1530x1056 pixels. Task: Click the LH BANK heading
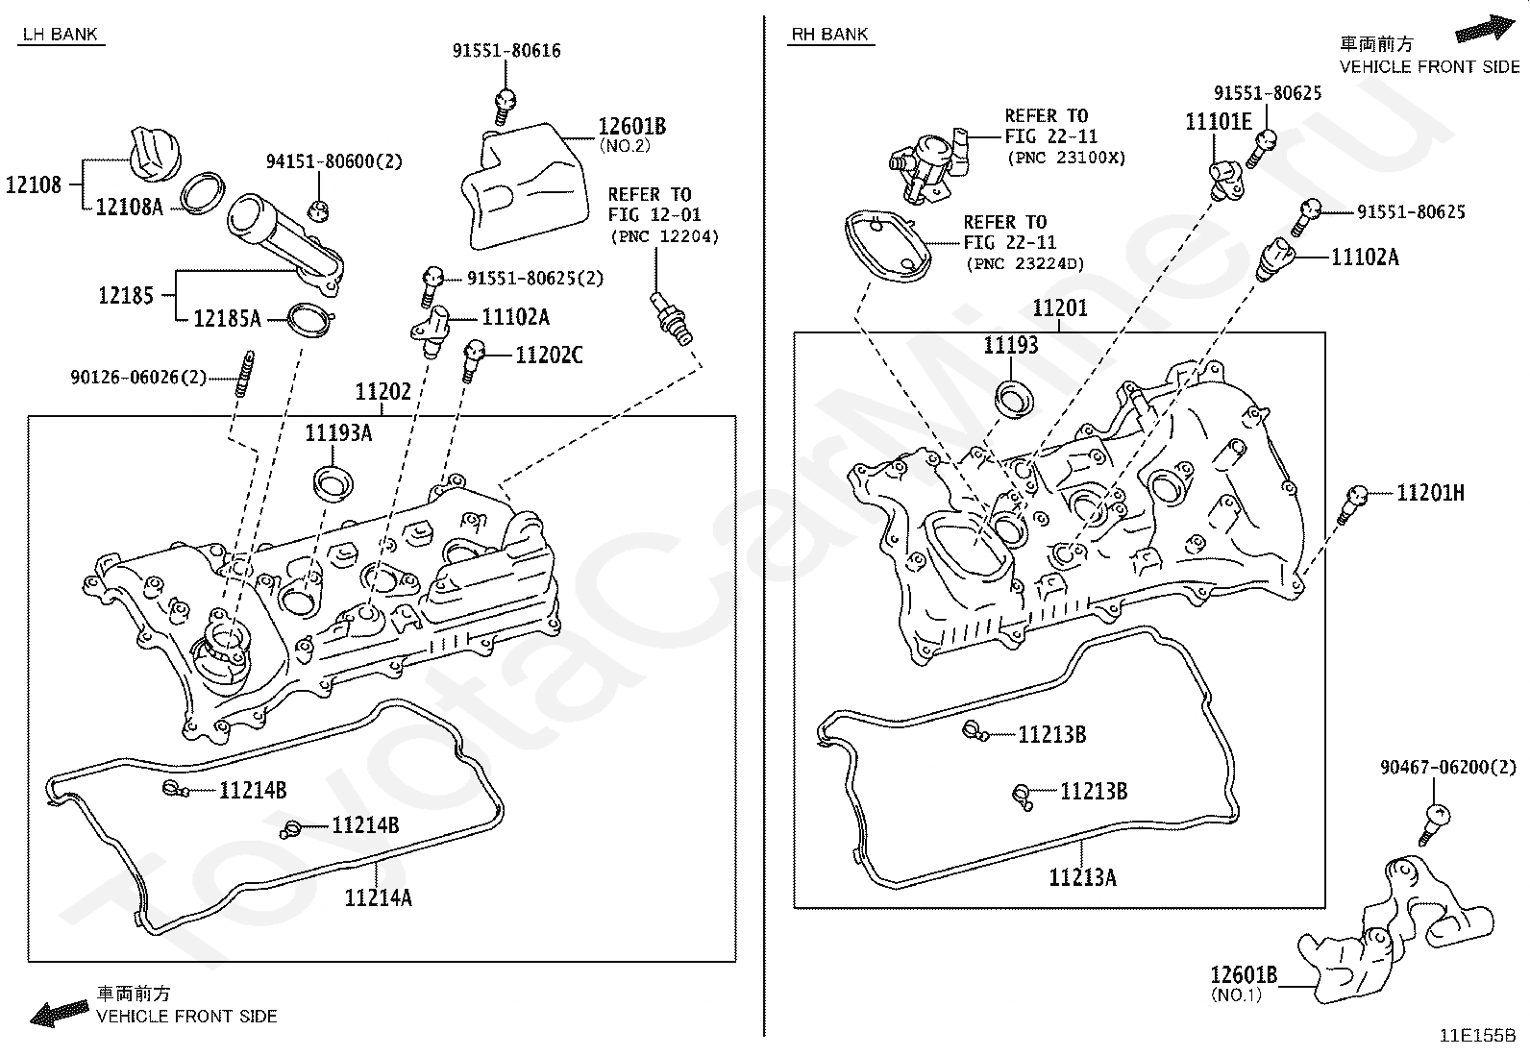[x=61, y=35]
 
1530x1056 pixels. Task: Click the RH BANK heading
[x=829, y=35]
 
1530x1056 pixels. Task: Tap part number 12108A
[x=129, y=207]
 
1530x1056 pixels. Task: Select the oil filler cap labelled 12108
[x=158, y=155]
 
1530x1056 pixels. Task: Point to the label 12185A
[x=227, y=318]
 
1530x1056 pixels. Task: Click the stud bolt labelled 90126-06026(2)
[x=244, y=373]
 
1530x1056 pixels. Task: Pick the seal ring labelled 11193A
[x=333, y=483]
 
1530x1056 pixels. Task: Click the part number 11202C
[x=549, y=356]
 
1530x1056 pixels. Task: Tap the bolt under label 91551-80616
[x=505, y=107]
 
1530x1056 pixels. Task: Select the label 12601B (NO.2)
[x=631, y=135]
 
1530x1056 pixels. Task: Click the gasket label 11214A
[x=378, y=897]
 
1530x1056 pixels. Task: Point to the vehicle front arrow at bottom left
[x=60, y=1013]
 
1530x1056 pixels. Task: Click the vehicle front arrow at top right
[x=1484, y=29]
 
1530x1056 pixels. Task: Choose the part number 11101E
[x=1219, y=122]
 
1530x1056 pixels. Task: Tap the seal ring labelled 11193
[x=1013, y=398]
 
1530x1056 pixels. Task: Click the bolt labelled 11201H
[x=1352, y=504]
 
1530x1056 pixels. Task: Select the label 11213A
[x=1082, y=877]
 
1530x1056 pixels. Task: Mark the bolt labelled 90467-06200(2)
[x=1434, y=824]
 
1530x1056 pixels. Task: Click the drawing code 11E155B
[x=1477, y=1036]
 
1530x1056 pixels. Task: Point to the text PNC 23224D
[x=1024, y=263]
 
